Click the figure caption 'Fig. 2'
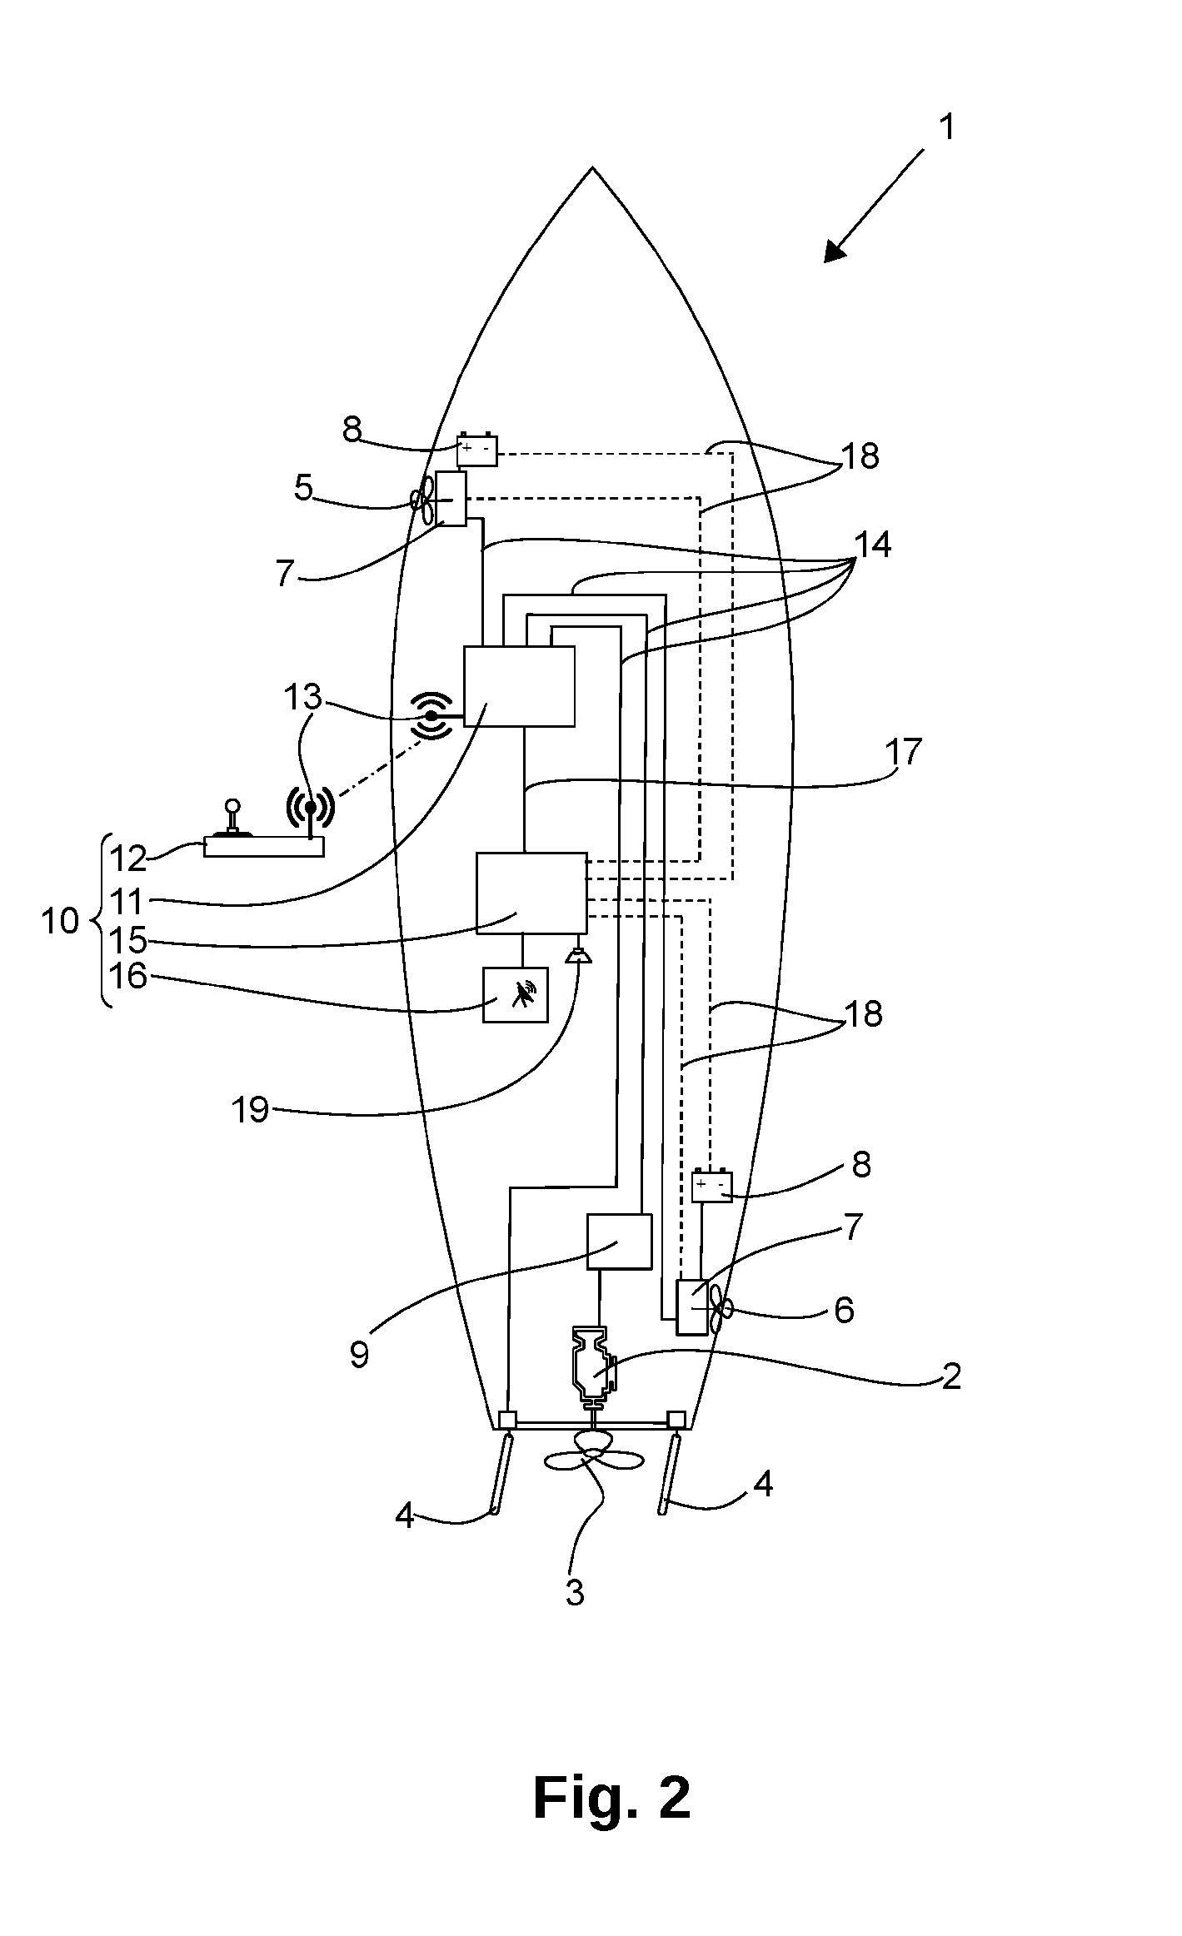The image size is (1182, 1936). point(611,1798)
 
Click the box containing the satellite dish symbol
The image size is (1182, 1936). point(516,994)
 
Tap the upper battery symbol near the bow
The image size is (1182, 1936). point(477,450)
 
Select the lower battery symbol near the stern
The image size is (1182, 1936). point(712,1186)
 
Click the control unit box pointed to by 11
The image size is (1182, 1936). point(519,686)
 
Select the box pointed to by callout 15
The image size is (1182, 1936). point(531,893)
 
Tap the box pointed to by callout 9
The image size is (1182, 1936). point(620,1242)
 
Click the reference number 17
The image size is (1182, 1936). point(904,752)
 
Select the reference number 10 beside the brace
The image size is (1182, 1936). point(60,921)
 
